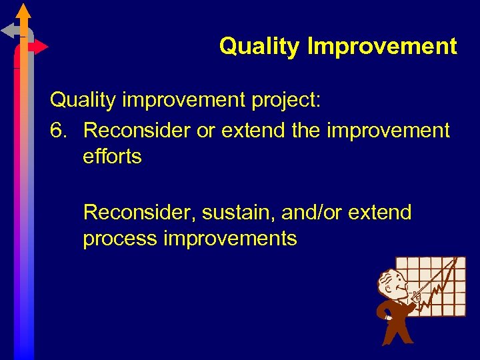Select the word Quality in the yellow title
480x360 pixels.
pos(261,47)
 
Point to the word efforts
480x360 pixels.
pos(112,157)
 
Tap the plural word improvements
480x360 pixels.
pos(230,238)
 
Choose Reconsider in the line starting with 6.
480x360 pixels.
pos(137,130)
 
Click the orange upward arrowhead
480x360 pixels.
pos(24,11)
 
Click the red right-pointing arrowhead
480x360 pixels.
pos(41,47)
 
